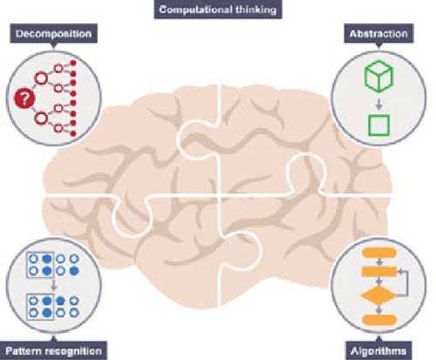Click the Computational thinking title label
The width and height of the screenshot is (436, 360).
(x=218, y=10)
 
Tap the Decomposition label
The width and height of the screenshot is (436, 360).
(x=53, y=33)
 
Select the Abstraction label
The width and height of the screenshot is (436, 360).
(x=378, y=33)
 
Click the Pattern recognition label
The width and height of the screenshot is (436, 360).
(x=53, y=350)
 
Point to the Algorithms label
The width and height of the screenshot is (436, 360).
(x=378, y=350)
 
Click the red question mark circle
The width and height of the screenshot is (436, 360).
(x=24, y=98)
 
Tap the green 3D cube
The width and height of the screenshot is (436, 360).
(x=378, y=76)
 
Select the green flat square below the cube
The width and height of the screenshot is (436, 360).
(x=378, y=126)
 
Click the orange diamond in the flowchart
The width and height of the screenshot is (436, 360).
(x=378, y=295)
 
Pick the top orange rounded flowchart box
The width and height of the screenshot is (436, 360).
(x=379, y=253)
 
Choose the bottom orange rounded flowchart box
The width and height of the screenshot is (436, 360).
(x=379, y=320)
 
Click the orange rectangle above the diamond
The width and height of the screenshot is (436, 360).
(x=379, y=272)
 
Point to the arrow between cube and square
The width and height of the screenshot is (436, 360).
(x=378, y=105)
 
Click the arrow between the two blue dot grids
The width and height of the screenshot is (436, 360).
(x=53, y=285)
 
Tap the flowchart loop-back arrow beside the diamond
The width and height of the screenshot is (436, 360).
(x=405, y=283)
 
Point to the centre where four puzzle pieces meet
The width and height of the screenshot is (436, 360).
(x=220, y=197)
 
